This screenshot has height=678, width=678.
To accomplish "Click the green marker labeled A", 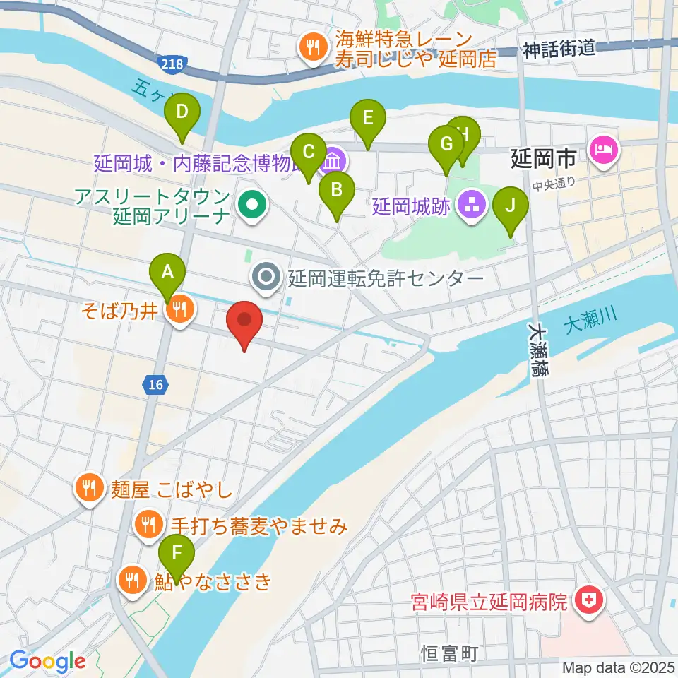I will point(167,271).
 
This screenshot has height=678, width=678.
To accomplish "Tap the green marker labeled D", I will point(182,113).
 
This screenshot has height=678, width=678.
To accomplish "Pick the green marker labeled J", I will point(510,206).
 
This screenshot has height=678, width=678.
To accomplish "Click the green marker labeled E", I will point(367,117).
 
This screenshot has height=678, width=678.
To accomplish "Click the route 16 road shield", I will point(156,384).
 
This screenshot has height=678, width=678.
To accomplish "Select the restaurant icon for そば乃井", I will point(180,308).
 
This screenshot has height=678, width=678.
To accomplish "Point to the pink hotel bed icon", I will point(606,150).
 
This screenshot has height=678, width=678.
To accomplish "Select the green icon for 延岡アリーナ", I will point(251,206).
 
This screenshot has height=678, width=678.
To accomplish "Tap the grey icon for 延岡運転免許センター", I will point(267,278).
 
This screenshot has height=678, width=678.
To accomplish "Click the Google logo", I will point(47,661).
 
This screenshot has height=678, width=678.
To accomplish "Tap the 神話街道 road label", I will point(560,49).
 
